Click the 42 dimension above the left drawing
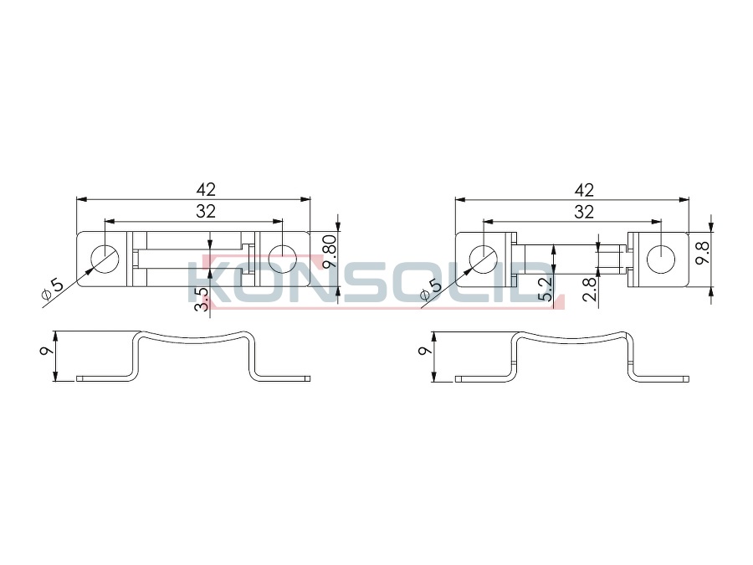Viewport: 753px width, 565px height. [x=206, y=190]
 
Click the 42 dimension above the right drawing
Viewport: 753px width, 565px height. [x=585, y=190]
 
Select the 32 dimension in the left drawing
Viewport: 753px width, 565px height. [x=206, y=212]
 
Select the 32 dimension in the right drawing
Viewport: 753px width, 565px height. [x=585, y=212]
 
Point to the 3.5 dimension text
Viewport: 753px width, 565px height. [x=202, y=299]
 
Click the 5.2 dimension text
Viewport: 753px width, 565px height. [x=546, y=290]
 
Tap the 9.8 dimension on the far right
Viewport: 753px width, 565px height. [x=703, y=253]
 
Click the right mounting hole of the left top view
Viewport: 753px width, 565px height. [x=283, y=259]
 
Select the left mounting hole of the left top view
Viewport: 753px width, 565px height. [x=105, y=259]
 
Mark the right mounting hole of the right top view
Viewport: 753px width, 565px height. [x=661, y=259]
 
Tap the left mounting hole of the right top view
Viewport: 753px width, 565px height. [x=483, y=259]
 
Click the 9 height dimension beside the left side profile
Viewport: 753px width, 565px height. [x=47, y=351]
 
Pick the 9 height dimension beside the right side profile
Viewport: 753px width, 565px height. [x=425, y=351]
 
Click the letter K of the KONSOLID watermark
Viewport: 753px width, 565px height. [x=207, y=283]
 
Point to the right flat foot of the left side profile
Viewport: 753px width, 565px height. [x=284, y=378]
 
